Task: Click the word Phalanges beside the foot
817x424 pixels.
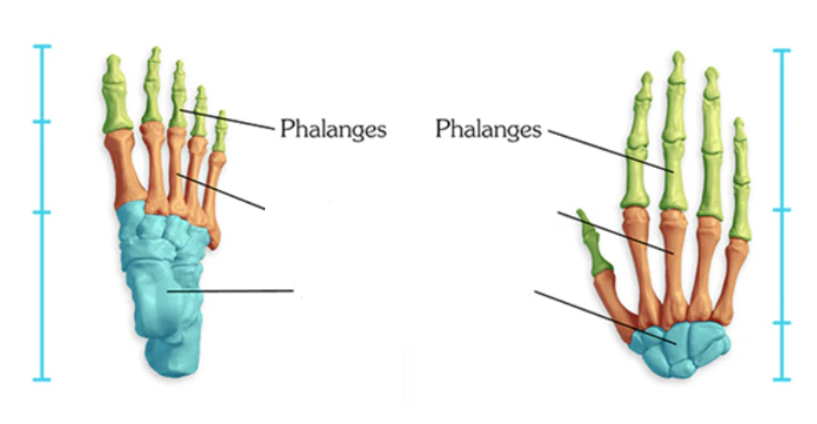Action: [332, 129]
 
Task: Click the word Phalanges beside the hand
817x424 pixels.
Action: [488, 129]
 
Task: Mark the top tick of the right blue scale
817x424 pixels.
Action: [782, 51]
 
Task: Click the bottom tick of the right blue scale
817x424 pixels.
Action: [782, 379]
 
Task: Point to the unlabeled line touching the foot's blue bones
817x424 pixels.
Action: [237, 290]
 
